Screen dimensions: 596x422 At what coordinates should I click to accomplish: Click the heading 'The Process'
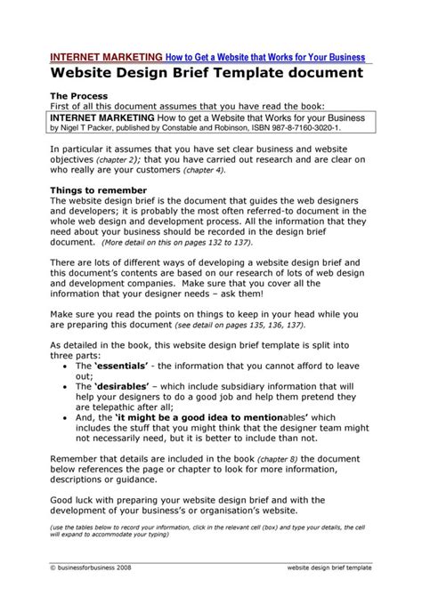[78, 95]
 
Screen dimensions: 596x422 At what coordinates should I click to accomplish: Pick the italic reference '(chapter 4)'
[200, 169]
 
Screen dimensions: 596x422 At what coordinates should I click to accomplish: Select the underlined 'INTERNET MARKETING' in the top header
[105, 56]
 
